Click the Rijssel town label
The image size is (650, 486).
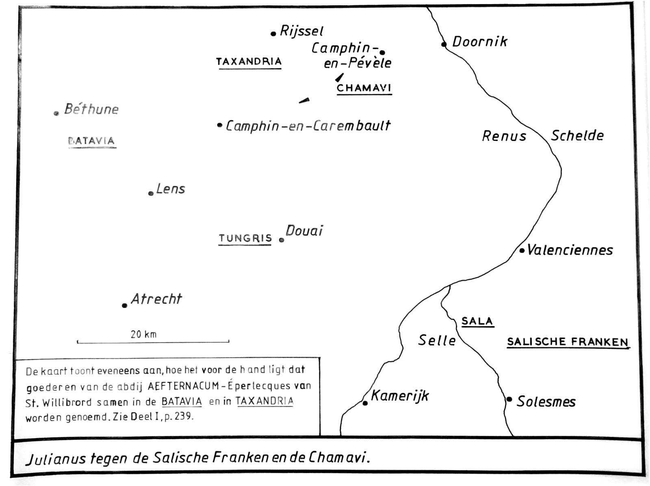[x=301, y=31]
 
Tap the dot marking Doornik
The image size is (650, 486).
[x=444, y=44]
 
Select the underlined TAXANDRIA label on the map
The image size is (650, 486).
[x=249, y=62]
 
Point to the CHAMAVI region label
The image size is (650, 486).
[x=364, y=88]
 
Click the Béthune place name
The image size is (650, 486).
[x=91, y=109]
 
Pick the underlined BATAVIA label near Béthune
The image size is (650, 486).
[x=92, y=141]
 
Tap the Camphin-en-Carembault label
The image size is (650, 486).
[x=308, y=125]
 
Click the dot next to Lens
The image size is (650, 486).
[x=151, y=193]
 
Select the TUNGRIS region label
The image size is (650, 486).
[x=245, y=238]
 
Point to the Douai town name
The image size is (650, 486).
[x=304, y=231]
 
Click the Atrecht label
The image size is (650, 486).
[x=156, y=299]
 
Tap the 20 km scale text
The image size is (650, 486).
[x=143, y=334]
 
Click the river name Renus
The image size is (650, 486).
[x=504, y=136]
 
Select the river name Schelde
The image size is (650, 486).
[x=577, y=136]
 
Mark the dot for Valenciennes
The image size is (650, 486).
[x=522, y=251]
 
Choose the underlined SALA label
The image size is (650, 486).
[x=477, y=321]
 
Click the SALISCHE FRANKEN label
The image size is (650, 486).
[x=568, y=342]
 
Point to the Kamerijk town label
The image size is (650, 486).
[x=400, y=395]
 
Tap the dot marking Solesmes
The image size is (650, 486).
[x=509, y=399]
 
